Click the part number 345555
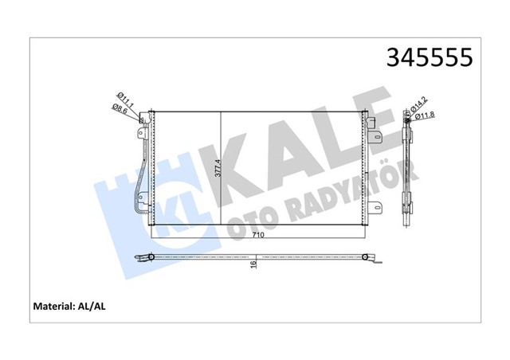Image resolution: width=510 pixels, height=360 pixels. click(429, 57)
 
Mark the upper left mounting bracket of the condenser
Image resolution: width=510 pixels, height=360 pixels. click(145, 119)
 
